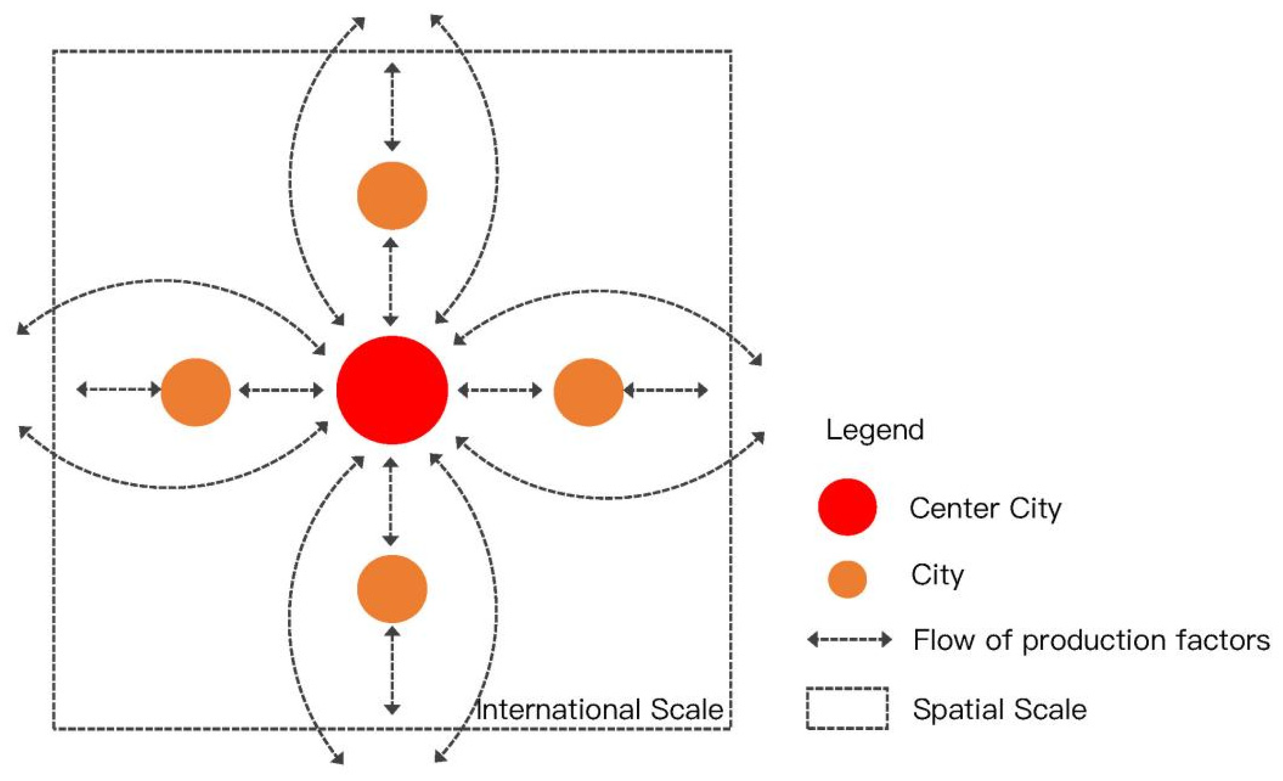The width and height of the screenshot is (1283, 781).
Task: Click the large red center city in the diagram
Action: point(392,390)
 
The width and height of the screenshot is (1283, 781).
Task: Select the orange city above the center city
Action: point(392,195)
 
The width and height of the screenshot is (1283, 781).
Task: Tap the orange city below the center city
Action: point(392,589)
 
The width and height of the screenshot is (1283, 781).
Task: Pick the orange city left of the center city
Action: point(196,392)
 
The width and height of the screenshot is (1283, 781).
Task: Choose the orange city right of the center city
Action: point(588,392)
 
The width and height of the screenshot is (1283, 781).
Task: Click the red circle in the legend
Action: point(847,507)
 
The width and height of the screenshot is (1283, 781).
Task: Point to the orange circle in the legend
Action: point(847,579)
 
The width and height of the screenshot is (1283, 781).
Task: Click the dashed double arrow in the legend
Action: point(849,639)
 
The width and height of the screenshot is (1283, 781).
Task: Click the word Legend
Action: point(875,430)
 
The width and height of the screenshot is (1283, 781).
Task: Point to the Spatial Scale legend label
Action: point(999,709)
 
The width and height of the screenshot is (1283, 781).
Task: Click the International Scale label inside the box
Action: point(599,710)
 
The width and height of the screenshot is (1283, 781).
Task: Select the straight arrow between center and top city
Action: point(390,282)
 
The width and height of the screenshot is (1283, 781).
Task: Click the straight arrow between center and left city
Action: point(281,390)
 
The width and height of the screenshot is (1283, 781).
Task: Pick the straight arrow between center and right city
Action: point(500,390)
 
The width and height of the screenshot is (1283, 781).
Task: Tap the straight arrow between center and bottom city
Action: point(390,501)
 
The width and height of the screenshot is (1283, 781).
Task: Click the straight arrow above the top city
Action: point(392,107)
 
